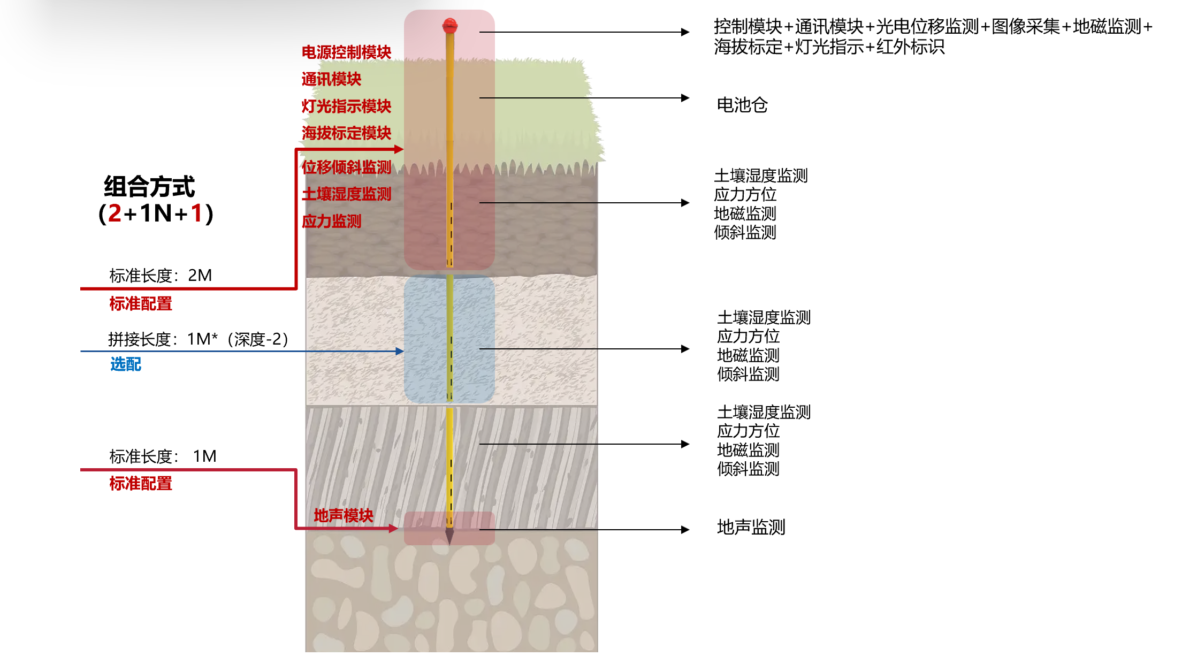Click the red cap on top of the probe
449,26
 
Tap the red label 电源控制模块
346,52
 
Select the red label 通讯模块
331,79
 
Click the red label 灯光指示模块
346,106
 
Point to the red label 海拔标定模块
346,133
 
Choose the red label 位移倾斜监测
346,167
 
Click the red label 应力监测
331,221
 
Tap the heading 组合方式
149,187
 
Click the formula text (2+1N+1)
156,213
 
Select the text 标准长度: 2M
161,276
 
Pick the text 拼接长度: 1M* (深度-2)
199,339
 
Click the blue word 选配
126,364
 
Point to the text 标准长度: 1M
163,456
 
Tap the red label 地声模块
344,515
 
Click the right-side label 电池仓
742,105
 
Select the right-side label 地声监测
751,527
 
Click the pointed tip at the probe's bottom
449,544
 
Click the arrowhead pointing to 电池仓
685,98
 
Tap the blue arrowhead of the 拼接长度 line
400,351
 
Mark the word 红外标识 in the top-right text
910,47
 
